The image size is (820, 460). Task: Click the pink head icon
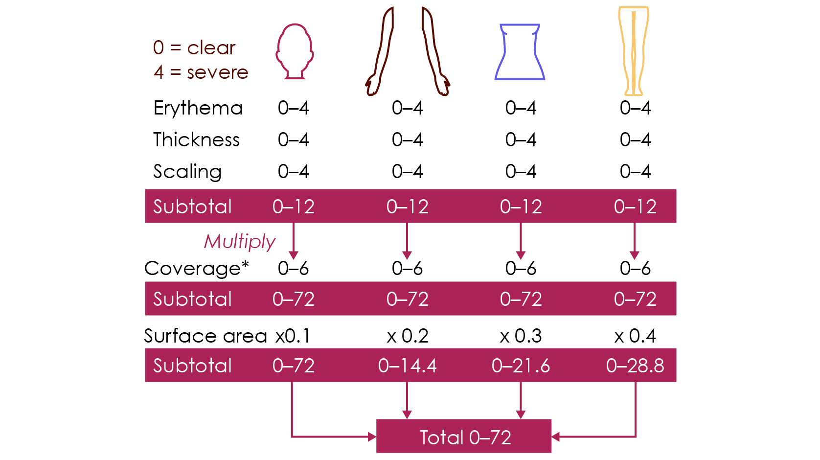click(x=294, y=51)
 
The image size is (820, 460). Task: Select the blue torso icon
click(x=520, y=52)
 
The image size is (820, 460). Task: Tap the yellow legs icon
click(x=634, y=51)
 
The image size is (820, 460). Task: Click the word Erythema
click(x=198, y=108)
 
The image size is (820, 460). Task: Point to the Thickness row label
click(x=196, y=140)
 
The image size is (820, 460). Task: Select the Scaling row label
click(x=187, y=172)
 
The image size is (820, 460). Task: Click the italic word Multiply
click(x=239, y=241)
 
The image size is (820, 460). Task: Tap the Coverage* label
click(x=197, y=268)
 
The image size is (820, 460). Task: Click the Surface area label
click(x=205, y=336)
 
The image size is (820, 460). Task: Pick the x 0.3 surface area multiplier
click(x=521, y=336)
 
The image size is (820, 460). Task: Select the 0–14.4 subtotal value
click(x=407, y=366)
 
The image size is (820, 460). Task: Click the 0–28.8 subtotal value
click(x=635, y=366)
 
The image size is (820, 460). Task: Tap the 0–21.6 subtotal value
click(x=521, y=366)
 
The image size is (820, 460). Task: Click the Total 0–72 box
click(x=464, y=437)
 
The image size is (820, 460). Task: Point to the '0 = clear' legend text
click(x=194, y=47)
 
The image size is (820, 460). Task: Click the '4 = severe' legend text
click(x=201, y=72)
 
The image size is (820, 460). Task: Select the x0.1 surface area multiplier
click(x=293, y=336)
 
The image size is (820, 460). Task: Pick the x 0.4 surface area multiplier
click(x=635, y=336)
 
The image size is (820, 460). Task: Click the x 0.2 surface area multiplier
click(x=407, y=336)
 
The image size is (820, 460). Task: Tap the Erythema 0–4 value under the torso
click(x=521, y=108)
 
